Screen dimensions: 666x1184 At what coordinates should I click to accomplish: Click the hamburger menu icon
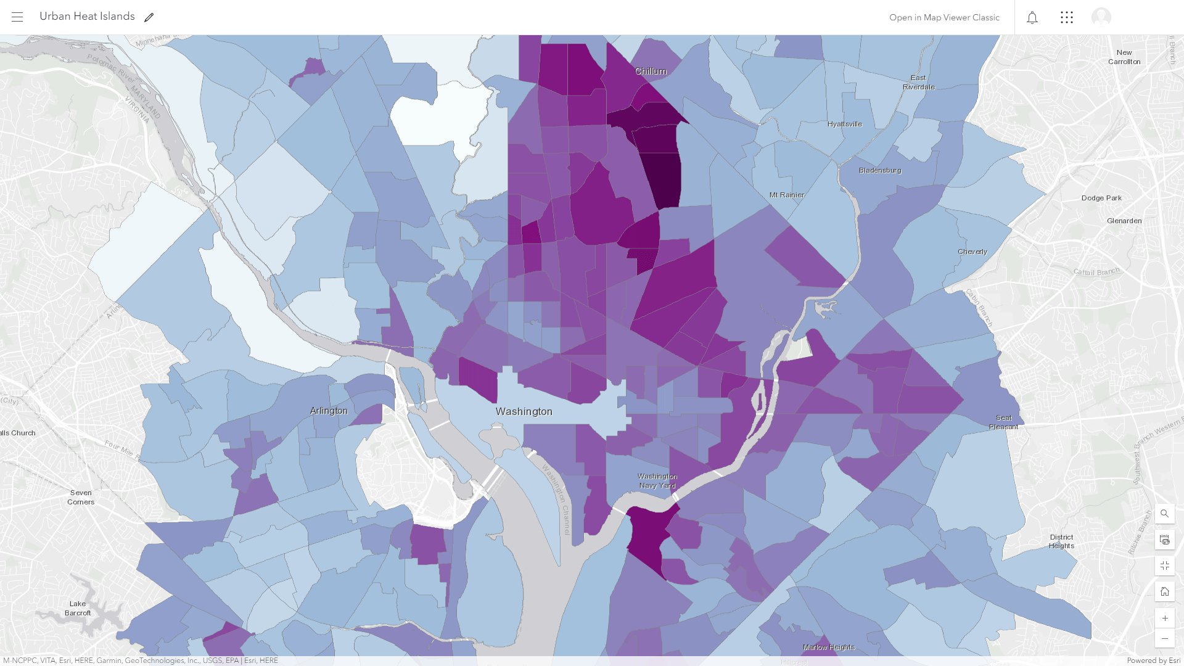click(x=17, y=17)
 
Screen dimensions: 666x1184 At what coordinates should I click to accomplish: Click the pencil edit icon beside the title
click(x=149, y=17)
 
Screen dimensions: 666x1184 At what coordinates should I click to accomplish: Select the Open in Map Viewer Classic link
click(x=944, y=17)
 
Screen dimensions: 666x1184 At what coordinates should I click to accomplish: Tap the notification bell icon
click(x=1032, y=17)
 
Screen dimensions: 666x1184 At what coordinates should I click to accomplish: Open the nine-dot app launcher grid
click(x=1067, y=17)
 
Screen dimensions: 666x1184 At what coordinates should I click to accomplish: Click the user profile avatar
click(x=1101, y=17)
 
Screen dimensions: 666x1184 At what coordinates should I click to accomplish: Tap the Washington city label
click(x=524, y=411)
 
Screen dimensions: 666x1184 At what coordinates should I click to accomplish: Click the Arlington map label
click(x=329, y=411)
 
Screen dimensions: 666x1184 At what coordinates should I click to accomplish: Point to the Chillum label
click(x=651, y=72)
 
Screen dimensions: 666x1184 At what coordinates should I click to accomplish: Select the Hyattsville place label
click(x=845, y=124)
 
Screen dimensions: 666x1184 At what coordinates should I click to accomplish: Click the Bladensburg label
click(x=880, y=170)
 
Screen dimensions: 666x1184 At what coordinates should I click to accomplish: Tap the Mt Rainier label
click(x=787, y=195)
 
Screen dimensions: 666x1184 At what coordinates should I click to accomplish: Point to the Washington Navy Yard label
click(x=657, y=481)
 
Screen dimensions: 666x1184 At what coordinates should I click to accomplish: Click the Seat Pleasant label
click(x=1003, y=422)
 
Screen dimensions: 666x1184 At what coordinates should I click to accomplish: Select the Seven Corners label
click(x=81, y=497)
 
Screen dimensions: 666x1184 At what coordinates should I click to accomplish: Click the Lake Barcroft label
click(x=78, y=608)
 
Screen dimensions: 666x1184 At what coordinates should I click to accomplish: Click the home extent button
click(x=1164, y=591)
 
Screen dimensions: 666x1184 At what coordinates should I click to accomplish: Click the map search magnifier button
click(x=1164, y=514)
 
